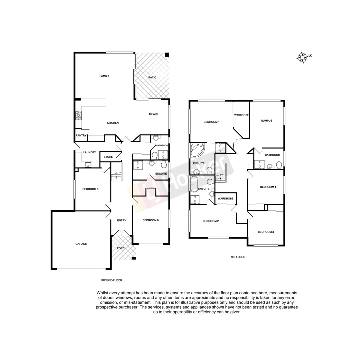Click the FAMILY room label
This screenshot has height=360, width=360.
coord(104,76)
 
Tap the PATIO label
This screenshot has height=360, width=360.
coord(152,77)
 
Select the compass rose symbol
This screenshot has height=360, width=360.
coord(302,57)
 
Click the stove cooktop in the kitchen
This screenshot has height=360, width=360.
coord(78,115)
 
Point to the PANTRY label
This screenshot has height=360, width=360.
coord(81,135)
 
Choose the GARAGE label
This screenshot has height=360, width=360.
coord(81,244)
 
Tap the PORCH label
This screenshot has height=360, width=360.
coord(122,248)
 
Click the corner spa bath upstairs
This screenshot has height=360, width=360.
coord(198,151)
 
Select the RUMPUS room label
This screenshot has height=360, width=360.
coord(267,121)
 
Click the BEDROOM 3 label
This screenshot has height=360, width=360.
coord(266,232)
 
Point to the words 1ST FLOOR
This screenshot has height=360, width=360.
coord(238,257)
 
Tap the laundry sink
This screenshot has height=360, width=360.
coord(88,164)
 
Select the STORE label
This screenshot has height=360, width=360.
coord(108,157)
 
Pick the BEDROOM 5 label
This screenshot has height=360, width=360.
coord(90,189)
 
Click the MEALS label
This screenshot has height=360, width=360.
coord(153,114)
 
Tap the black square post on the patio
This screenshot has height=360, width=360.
coord(167,55)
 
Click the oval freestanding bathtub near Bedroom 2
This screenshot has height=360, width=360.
coord(194,184)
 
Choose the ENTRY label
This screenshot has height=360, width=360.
coord(122,220)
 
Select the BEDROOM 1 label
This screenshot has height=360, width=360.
coord(211,122)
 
